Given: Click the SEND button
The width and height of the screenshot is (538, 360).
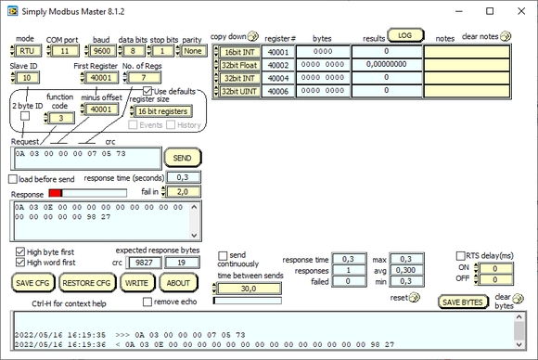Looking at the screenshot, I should pos(183,158).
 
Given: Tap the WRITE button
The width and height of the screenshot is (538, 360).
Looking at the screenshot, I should pos(137,283).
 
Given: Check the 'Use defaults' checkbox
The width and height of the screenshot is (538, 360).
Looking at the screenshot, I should pos(147,91).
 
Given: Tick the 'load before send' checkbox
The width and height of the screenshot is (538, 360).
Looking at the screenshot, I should pos(13,178).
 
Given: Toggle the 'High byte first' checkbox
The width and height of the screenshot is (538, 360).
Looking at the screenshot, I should pos(21,251).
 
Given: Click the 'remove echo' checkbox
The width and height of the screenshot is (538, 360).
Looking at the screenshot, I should pos(147,302).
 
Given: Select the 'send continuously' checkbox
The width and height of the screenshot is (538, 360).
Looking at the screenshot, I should pos(223,255).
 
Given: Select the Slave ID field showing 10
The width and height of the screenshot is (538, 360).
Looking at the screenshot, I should pos(27,78).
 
